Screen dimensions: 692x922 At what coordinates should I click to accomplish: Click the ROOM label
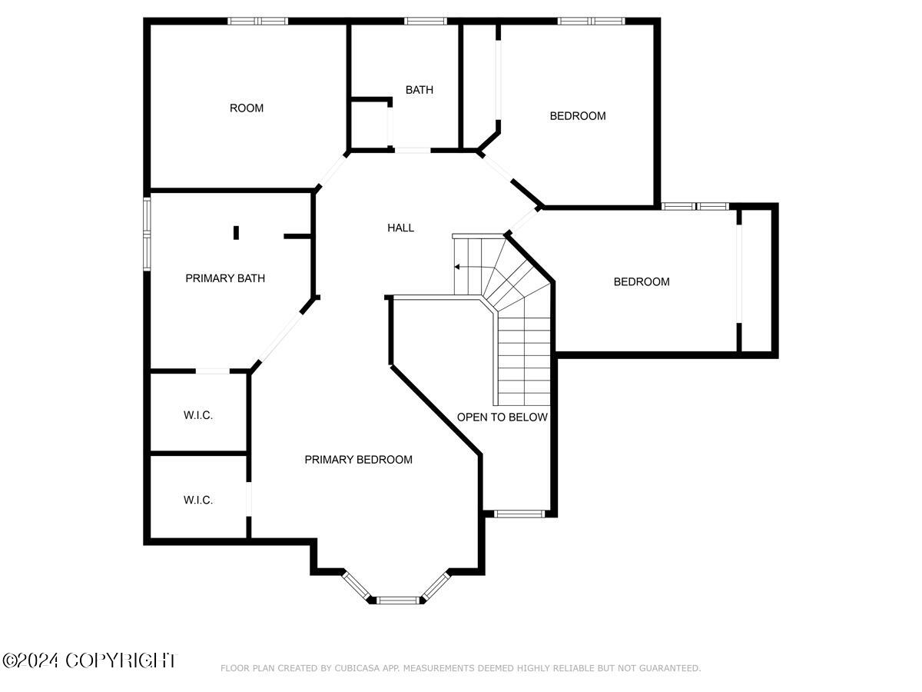(x=247, y=108)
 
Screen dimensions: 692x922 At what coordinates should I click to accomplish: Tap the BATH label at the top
(x=420, y=90)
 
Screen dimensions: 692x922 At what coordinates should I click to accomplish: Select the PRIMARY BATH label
(x=225, y=278)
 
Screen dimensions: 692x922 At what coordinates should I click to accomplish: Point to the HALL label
(x=401, y=228)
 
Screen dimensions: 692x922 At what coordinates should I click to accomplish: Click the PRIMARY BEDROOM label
(x=358, y=460)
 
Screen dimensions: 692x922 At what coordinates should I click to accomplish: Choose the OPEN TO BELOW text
(x=502, y=418)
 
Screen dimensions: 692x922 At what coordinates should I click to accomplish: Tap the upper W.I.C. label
(x=198, y=415)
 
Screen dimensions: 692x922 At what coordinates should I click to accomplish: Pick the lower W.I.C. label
(x=198, y=500)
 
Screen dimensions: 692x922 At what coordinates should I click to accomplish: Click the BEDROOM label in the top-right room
(x=578, y=116)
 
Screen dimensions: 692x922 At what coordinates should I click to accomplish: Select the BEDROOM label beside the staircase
(x=642, y=282)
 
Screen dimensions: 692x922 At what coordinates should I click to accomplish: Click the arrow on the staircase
(x=458, y=268)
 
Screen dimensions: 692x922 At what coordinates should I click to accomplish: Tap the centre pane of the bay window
(x=397, y=599)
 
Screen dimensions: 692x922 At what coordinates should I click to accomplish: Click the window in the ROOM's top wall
(x=258, y=21)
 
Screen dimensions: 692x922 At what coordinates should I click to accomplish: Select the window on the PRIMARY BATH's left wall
(x=147, y=234)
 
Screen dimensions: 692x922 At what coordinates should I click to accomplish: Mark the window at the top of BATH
(x=426, y=21)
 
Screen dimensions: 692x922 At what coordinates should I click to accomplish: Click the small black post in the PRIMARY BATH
(x=237, y=232)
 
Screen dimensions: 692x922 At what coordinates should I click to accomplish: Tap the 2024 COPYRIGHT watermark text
(x=89, y=660)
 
